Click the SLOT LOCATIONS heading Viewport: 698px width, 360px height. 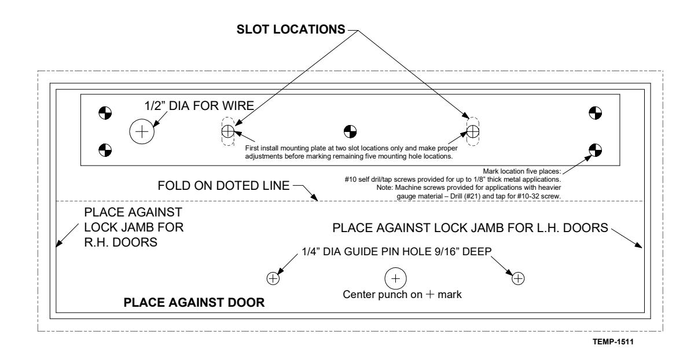pyautogui.click(x=291, y=30)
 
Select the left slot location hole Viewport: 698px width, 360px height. pyautogui.click(x=228, y=131)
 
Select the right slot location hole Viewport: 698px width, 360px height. pyautogui.click(x=473, y=131)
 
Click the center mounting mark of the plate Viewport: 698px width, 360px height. pyautogui.click(x=350, y=131)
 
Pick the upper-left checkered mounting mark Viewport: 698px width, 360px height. pyautogui.click(x=105, y=113)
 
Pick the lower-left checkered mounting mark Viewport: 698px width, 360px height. pyautogui.click(x=105, y=150)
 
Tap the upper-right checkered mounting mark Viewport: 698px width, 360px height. pyautogui.click(x=595, y=113)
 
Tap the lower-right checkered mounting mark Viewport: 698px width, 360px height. pyautogui.click(x=595, y=150)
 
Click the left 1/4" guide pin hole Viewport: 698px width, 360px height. pyautogui.click(x=273, y=278)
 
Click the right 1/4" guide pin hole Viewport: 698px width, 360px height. pyautogui.click(x=518, y=278)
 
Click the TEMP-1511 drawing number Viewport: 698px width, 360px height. pyautogui.click(x=613, y=342)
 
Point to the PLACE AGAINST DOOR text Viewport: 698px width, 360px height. pyautogui.click(x=194, y=302)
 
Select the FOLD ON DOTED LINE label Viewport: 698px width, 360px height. pyautogui.click(x=223, y=186)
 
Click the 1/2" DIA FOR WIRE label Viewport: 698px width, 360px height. pyautogui.click(x=199, y=106)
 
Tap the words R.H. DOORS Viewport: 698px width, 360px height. pyautogui.click(x=120, y=243)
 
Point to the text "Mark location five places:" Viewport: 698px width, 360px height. pyautogui.click(x=522, y=171)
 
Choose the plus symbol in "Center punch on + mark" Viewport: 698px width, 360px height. pyautogui.click(x=429, y=294)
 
